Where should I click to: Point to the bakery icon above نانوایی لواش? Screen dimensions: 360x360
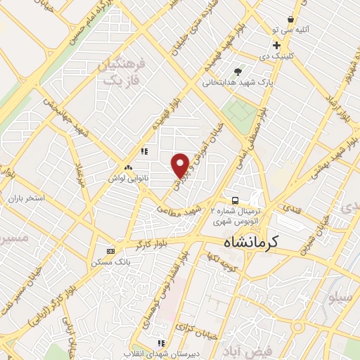click(127, 168)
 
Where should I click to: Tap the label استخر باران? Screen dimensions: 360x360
click(27, 198)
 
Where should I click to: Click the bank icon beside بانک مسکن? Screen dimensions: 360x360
click(110, 251)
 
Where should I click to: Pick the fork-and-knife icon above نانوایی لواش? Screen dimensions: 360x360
click(144, 150)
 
